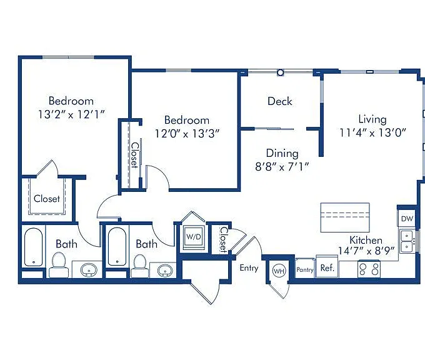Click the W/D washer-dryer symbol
(194, 237)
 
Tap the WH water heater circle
(279, 271)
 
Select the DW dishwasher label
(407, 219)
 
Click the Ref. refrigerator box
(327, 268)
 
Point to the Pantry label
(305, 270)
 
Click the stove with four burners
(369, 269)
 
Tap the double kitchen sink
(407, 241)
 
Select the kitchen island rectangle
(345, 217)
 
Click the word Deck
(280, 101)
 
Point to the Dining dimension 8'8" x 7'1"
(282, 167)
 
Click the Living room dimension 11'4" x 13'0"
(372, 133)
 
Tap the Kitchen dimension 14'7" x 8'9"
(366, 251)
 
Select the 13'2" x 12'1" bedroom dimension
(71, 114)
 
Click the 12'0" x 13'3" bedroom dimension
(187, 133)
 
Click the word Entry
(249, 268)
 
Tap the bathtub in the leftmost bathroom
(33, 247)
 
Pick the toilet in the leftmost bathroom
(59, 264)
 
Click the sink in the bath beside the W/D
(165, 270)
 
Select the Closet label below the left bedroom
(47, 199)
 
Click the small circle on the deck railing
(281, 72)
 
